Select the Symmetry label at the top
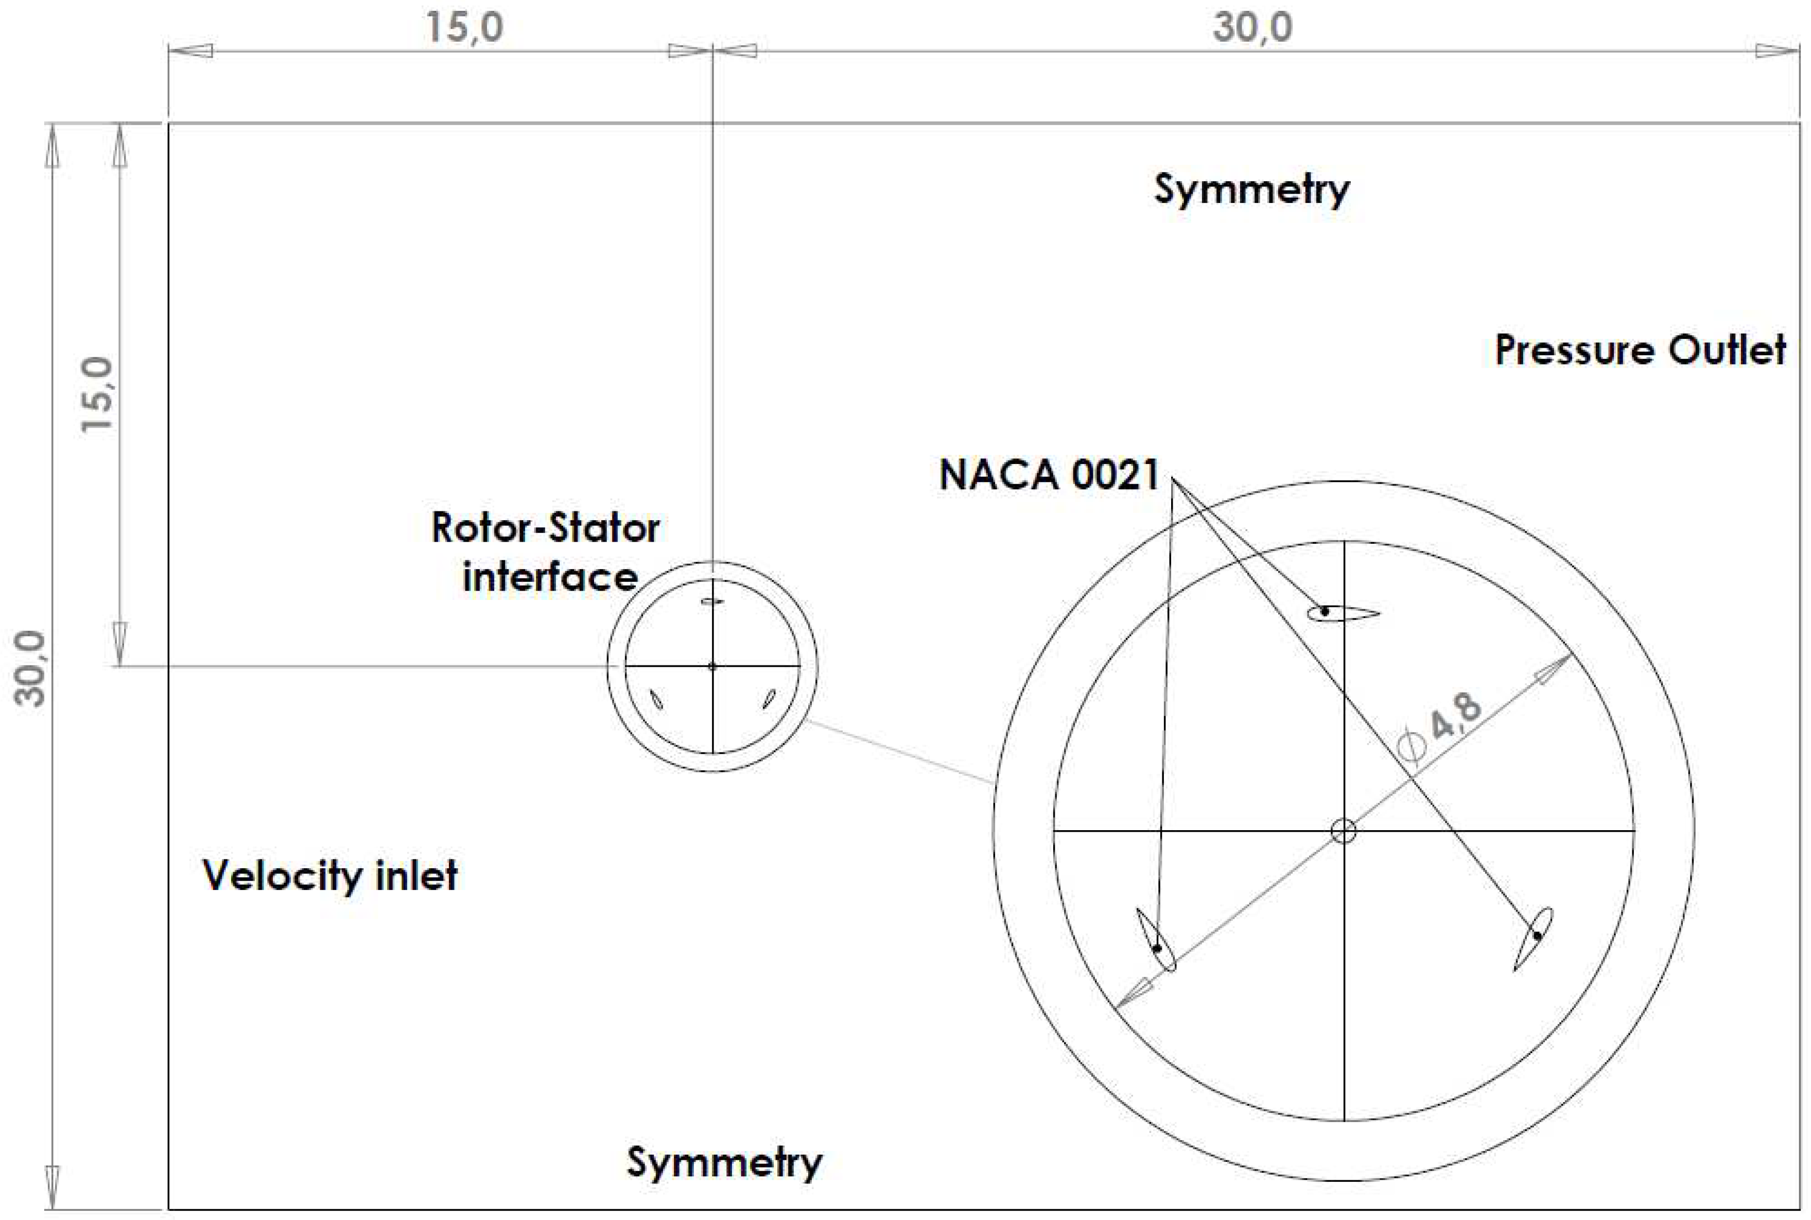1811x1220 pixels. tap(1251, 189)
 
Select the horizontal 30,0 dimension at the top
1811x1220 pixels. tap(1252, 28)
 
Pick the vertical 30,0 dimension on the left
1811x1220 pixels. tap(30, 667)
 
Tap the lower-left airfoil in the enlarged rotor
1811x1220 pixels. tap(1156, 939)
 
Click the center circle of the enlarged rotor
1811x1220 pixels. tap(1344, 831)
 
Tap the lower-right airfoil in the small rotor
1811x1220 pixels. tap(769, 698)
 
